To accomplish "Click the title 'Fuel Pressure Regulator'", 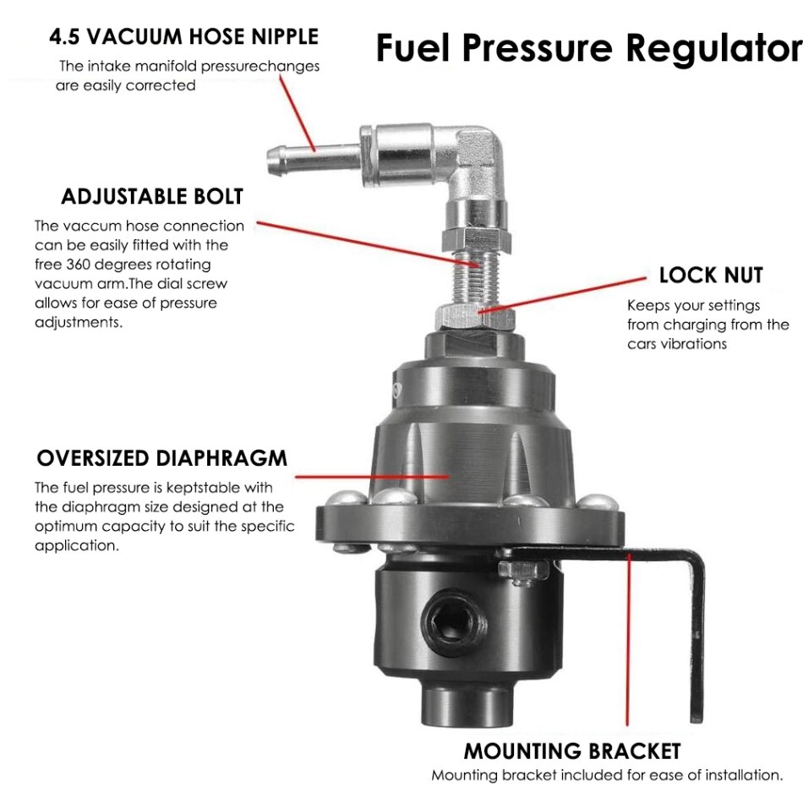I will pyautogui.click(x=588, y=48).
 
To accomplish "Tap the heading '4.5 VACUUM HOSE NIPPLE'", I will pyautogui.click(x=183, y=37).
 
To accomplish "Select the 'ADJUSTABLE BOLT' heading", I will pyautogui.click(x=152, y=197).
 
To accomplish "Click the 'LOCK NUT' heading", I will pyautogui.click(x=710, y=276).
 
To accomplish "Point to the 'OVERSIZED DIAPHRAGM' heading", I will pyautogui.click(x=161, y=459).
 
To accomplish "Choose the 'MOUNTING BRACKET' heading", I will pyautogui.click(x=571, y=751).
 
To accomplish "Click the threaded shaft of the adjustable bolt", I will pyautogui.click(x=473, y=274).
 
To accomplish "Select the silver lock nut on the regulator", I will pyautogui.click(x=474, y=319).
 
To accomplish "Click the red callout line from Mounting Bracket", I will pyautogui.click(x=627, y=642).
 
